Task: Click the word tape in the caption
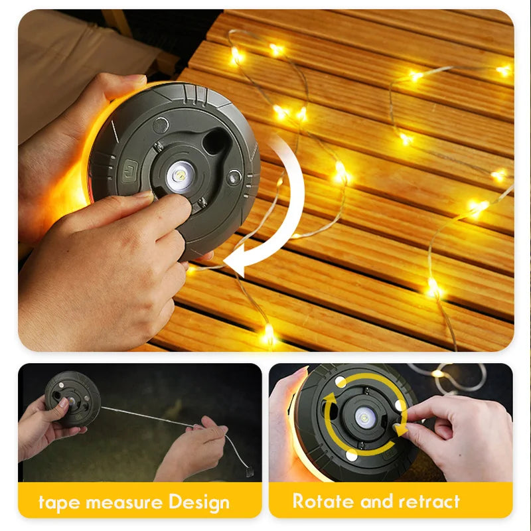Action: point(56,501)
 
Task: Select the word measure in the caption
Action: point(120,501)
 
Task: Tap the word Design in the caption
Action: point(198,501)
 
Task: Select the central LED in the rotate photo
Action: point(363,416)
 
